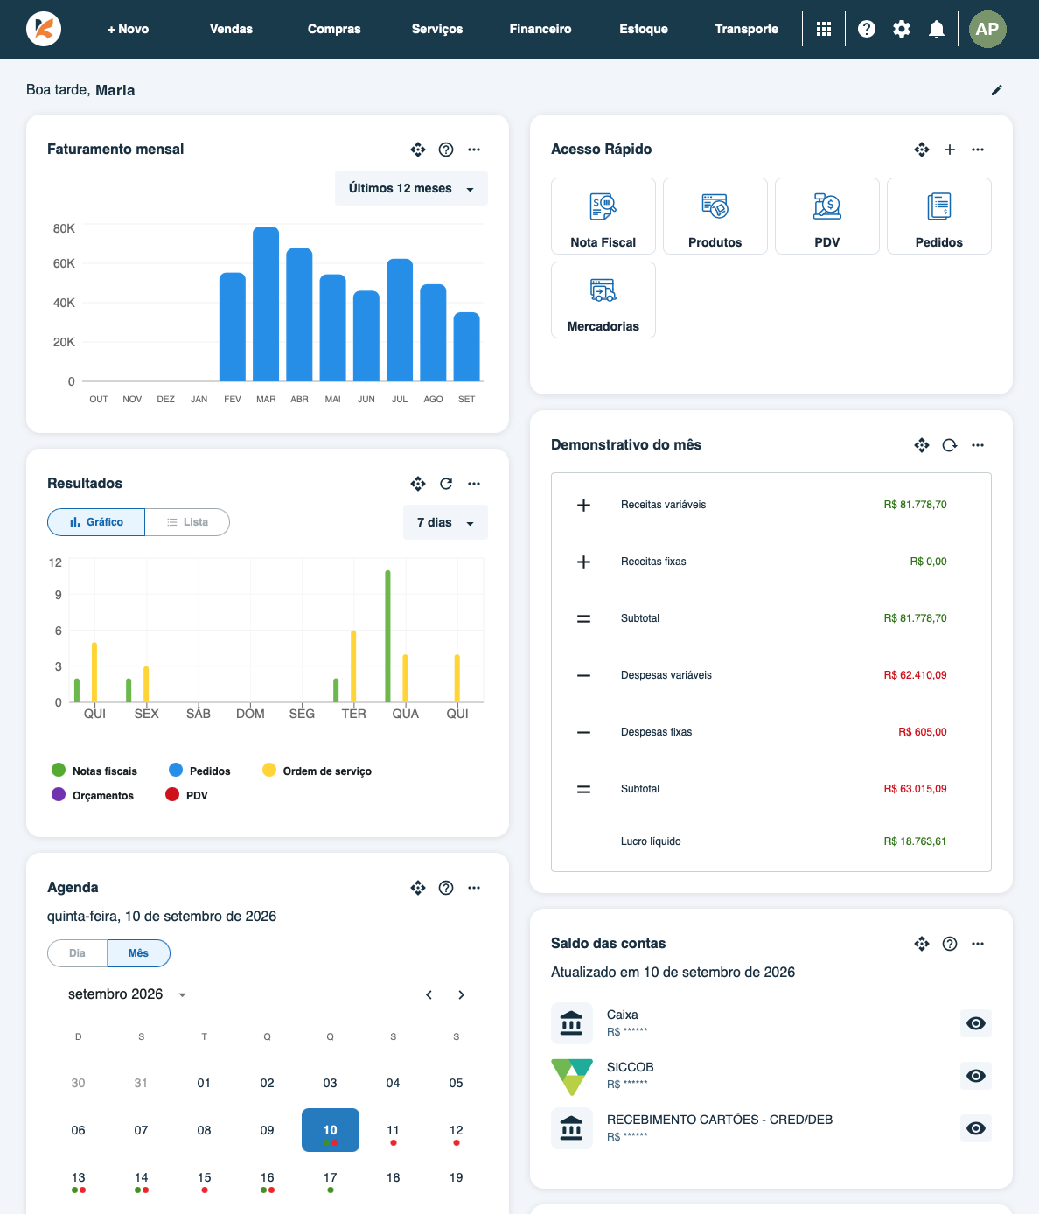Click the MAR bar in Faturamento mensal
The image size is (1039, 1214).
(266, 303)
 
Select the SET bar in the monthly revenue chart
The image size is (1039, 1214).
(466, 346)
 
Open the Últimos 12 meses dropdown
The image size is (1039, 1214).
(411, 188)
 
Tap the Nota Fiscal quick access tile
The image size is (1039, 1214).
(603, 215)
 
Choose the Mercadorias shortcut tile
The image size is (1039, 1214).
(603, 299)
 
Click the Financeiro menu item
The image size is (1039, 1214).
(540, 29)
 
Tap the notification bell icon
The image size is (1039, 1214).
(936, 29)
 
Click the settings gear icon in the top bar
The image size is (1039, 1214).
(901, 29)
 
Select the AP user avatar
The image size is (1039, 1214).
(987, 29)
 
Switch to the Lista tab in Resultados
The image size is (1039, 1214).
(187, 521)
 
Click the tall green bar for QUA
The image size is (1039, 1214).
(387, 636)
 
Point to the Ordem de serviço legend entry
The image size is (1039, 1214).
(317, 771)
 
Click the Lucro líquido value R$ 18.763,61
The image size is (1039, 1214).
(915, 841)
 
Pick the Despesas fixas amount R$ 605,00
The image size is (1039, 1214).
(922, 732)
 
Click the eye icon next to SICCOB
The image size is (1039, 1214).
(975, 1076)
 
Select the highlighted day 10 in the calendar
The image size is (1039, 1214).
(330, 1129)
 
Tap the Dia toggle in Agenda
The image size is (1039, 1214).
(77, 952)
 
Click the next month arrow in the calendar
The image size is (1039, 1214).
(461, 994)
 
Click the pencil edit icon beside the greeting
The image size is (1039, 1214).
(997, 90)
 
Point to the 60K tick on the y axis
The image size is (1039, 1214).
(64, 263)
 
